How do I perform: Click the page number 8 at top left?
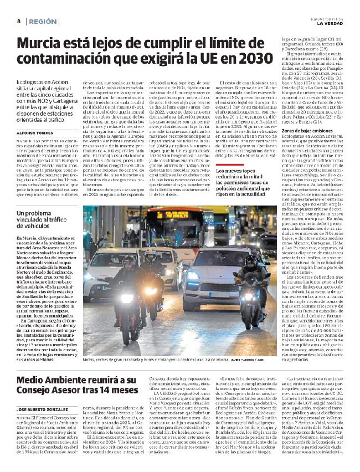[18, 20]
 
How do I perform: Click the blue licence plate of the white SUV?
[225, 294]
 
